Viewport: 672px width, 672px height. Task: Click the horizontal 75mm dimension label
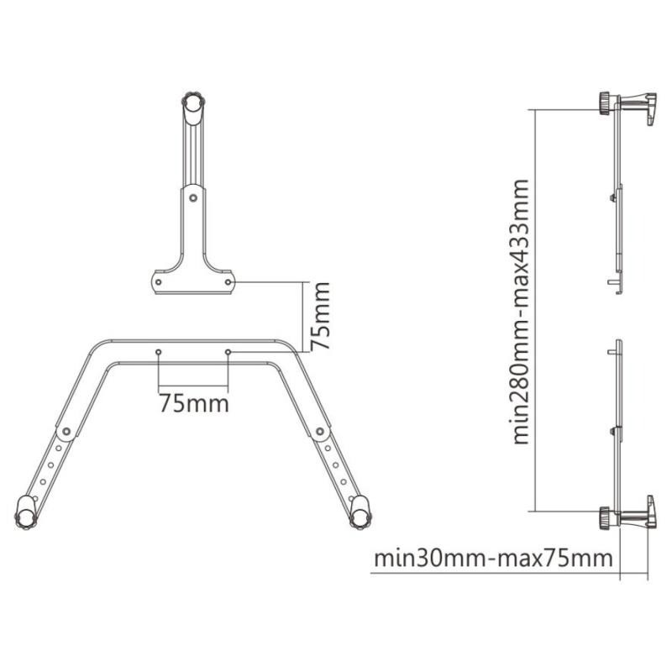(x=194, y=404)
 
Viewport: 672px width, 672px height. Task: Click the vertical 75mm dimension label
(x=320, y=316)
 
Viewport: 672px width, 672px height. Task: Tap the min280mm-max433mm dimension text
(x=521, y=312)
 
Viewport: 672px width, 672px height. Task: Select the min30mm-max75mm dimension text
(x=493, y=559)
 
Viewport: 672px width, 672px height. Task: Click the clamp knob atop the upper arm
(x=194, y=102)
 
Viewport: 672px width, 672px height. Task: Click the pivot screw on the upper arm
(x=193, y=198)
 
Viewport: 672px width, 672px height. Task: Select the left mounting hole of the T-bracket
(x=159, y=282)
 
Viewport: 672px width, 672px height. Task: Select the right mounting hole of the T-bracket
(x=228, y=282)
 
